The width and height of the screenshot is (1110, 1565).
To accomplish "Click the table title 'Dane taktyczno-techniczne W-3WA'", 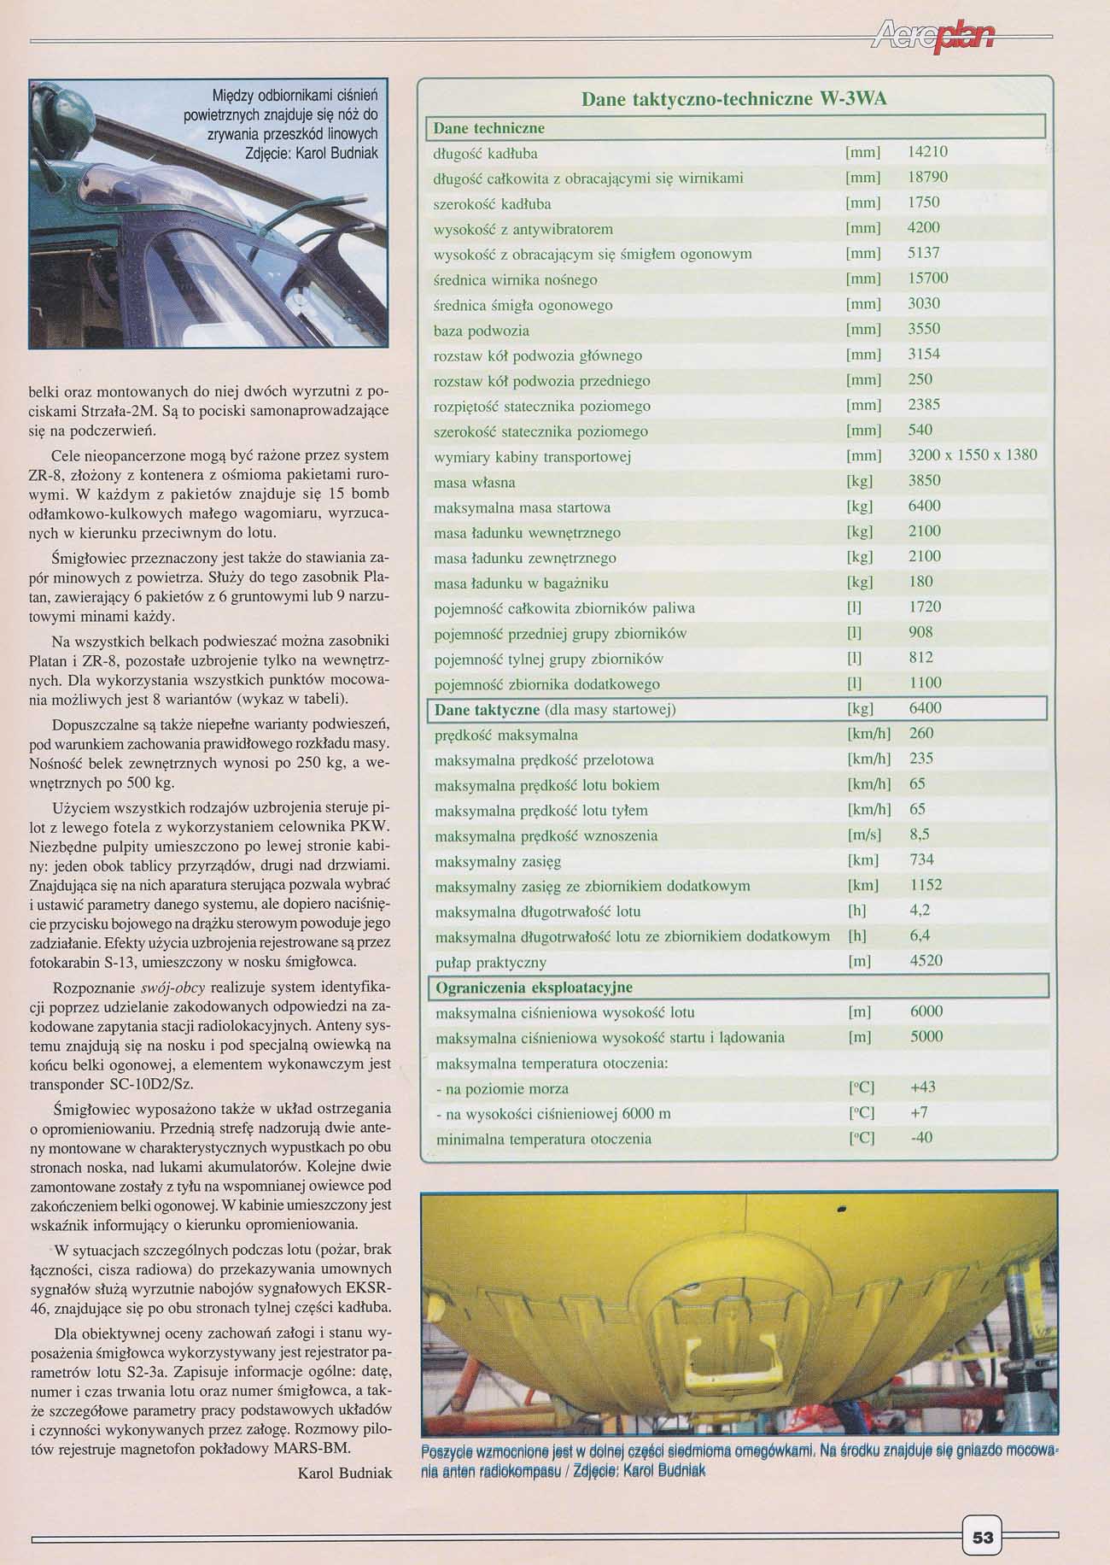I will pos(733,99).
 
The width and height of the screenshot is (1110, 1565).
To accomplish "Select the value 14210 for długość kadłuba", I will pos(927,152).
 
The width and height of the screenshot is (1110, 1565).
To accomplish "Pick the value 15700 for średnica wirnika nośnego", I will pos(927,278).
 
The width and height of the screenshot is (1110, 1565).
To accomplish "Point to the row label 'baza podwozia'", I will pos(482,331).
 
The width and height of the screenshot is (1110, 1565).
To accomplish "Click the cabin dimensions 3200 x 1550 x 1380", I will pos(972,455).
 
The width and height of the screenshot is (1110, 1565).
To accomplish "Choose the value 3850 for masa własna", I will pos(924,481).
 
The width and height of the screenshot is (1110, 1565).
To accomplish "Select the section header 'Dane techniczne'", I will pos(488,128).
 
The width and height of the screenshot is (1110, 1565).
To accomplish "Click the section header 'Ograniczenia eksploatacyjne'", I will pos(534,988).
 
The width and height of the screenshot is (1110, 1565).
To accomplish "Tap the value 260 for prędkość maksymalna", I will pos(921,734).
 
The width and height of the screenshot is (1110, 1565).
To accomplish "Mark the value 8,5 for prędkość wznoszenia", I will pos(920,835).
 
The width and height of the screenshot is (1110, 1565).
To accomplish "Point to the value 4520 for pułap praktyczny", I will pos(926,961).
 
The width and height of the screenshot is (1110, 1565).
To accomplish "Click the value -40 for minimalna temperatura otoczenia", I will pos(921,1138).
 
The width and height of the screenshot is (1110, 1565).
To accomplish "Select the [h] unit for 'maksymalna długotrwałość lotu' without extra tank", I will pos(857,911).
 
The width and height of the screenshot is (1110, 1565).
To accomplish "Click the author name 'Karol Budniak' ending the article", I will pos(345,1473).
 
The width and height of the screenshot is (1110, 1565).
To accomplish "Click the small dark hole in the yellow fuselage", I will pos(841,1208).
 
